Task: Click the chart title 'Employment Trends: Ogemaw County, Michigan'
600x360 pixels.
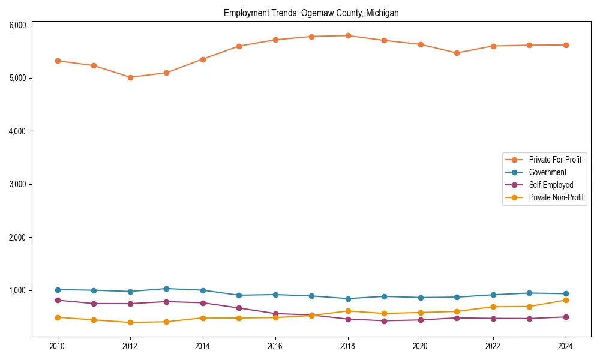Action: [311, 13]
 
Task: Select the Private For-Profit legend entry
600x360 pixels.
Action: [551, 160]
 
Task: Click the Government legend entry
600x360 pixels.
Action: [547, 172]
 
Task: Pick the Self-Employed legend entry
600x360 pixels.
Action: [551, 185]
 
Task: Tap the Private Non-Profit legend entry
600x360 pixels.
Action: [556, 197]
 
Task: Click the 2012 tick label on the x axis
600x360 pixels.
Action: [130, 346]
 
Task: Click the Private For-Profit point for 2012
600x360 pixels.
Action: [130, 77]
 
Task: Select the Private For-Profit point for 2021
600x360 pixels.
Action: [457, 53]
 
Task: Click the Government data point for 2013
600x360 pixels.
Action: [166, 289]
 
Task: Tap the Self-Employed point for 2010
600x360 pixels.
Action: [58, 300]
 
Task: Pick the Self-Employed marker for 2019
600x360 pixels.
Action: [384, 321]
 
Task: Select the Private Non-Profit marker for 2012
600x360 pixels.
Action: [130, 323]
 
